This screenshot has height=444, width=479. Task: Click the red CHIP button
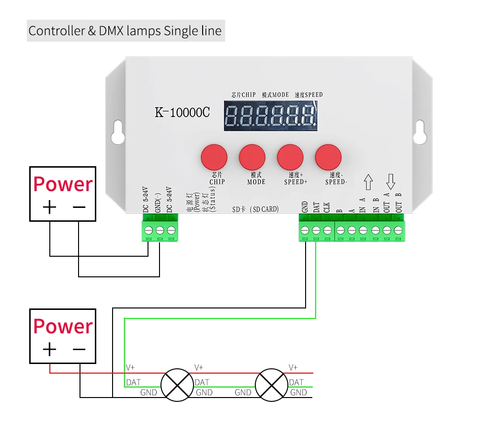pyautogui.click(x=214, y=157)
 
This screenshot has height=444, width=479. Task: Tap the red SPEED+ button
pyautogui.click(x=290, y=157)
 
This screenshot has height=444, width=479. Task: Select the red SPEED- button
pyautogui.click(x=328, y=157)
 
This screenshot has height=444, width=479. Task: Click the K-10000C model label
pyautogui.click(x=182, y=113)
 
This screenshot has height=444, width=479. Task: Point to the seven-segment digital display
pyautogui.click(x=271, y=116)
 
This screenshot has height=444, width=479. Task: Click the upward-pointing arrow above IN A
pyautogui.click(x=368, y=182)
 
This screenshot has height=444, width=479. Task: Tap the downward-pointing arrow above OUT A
pyautogui.click(x=391, y=182)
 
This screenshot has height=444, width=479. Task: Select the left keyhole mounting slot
pyautogui.click(x=118, y=132)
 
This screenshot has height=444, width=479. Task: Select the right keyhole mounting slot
pyautogui.click(x=420, y=132)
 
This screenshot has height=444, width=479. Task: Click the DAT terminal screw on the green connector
pyautogui.click(x=316, y=230)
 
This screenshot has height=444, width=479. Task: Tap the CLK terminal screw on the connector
pyautogui.click(x=327, y=230)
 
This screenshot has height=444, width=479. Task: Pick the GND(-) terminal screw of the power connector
pyautogui.click(x=160, y=230)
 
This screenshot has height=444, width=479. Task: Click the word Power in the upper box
pyautogui.click(x=63, y=184)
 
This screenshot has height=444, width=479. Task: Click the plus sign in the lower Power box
pyautogui.click(x=49, y=349)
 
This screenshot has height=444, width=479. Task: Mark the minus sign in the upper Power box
pyautogui.click(x=79, y=207)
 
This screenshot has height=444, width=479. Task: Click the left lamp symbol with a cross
pyautogui.click(x=177, y=385)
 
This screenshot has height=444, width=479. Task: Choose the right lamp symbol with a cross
pyautogui.click(x=272, y=385)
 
